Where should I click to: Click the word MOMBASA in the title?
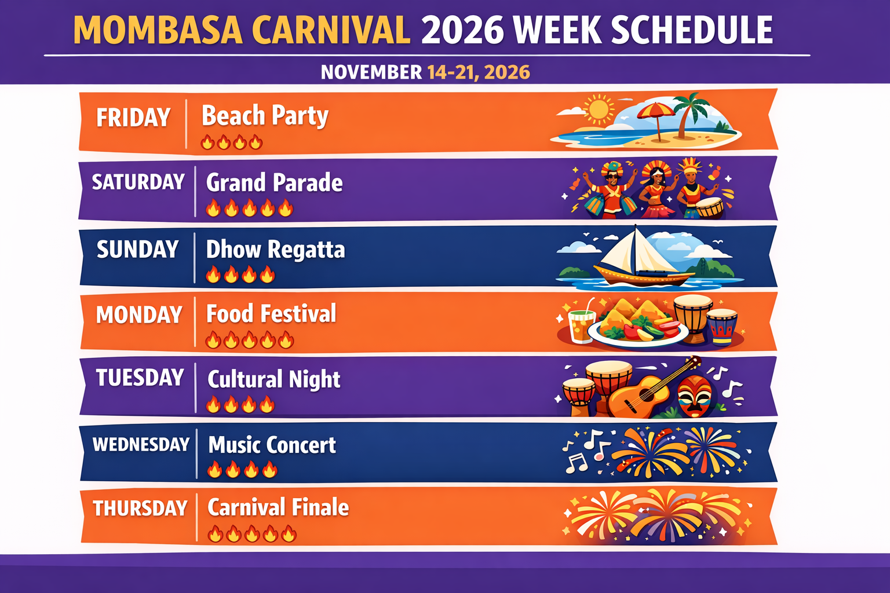(158, 30)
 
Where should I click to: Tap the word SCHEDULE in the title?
(692, 30)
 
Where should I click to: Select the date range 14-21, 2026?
(479, 72)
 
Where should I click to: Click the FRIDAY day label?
(133, 118)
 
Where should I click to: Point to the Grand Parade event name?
(274, 182)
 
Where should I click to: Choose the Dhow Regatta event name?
(275, 250)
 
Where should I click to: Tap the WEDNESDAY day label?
(141, 444)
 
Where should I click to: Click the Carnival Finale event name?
(278, 507)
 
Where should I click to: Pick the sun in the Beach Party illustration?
(599, 108)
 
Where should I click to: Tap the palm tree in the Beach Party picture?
(691, 113)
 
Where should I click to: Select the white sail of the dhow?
(636, 250)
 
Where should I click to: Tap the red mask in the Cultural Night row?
(695, 396)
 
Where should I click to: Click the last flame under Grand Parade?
(286, 208)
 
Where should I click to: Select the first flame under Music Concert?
(214, 469)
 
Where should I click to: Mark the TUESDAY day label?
(140, 378)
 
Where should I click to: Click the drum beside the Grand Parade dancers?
(710, 207)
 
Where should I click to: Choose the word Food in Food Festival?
(229, 314)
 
